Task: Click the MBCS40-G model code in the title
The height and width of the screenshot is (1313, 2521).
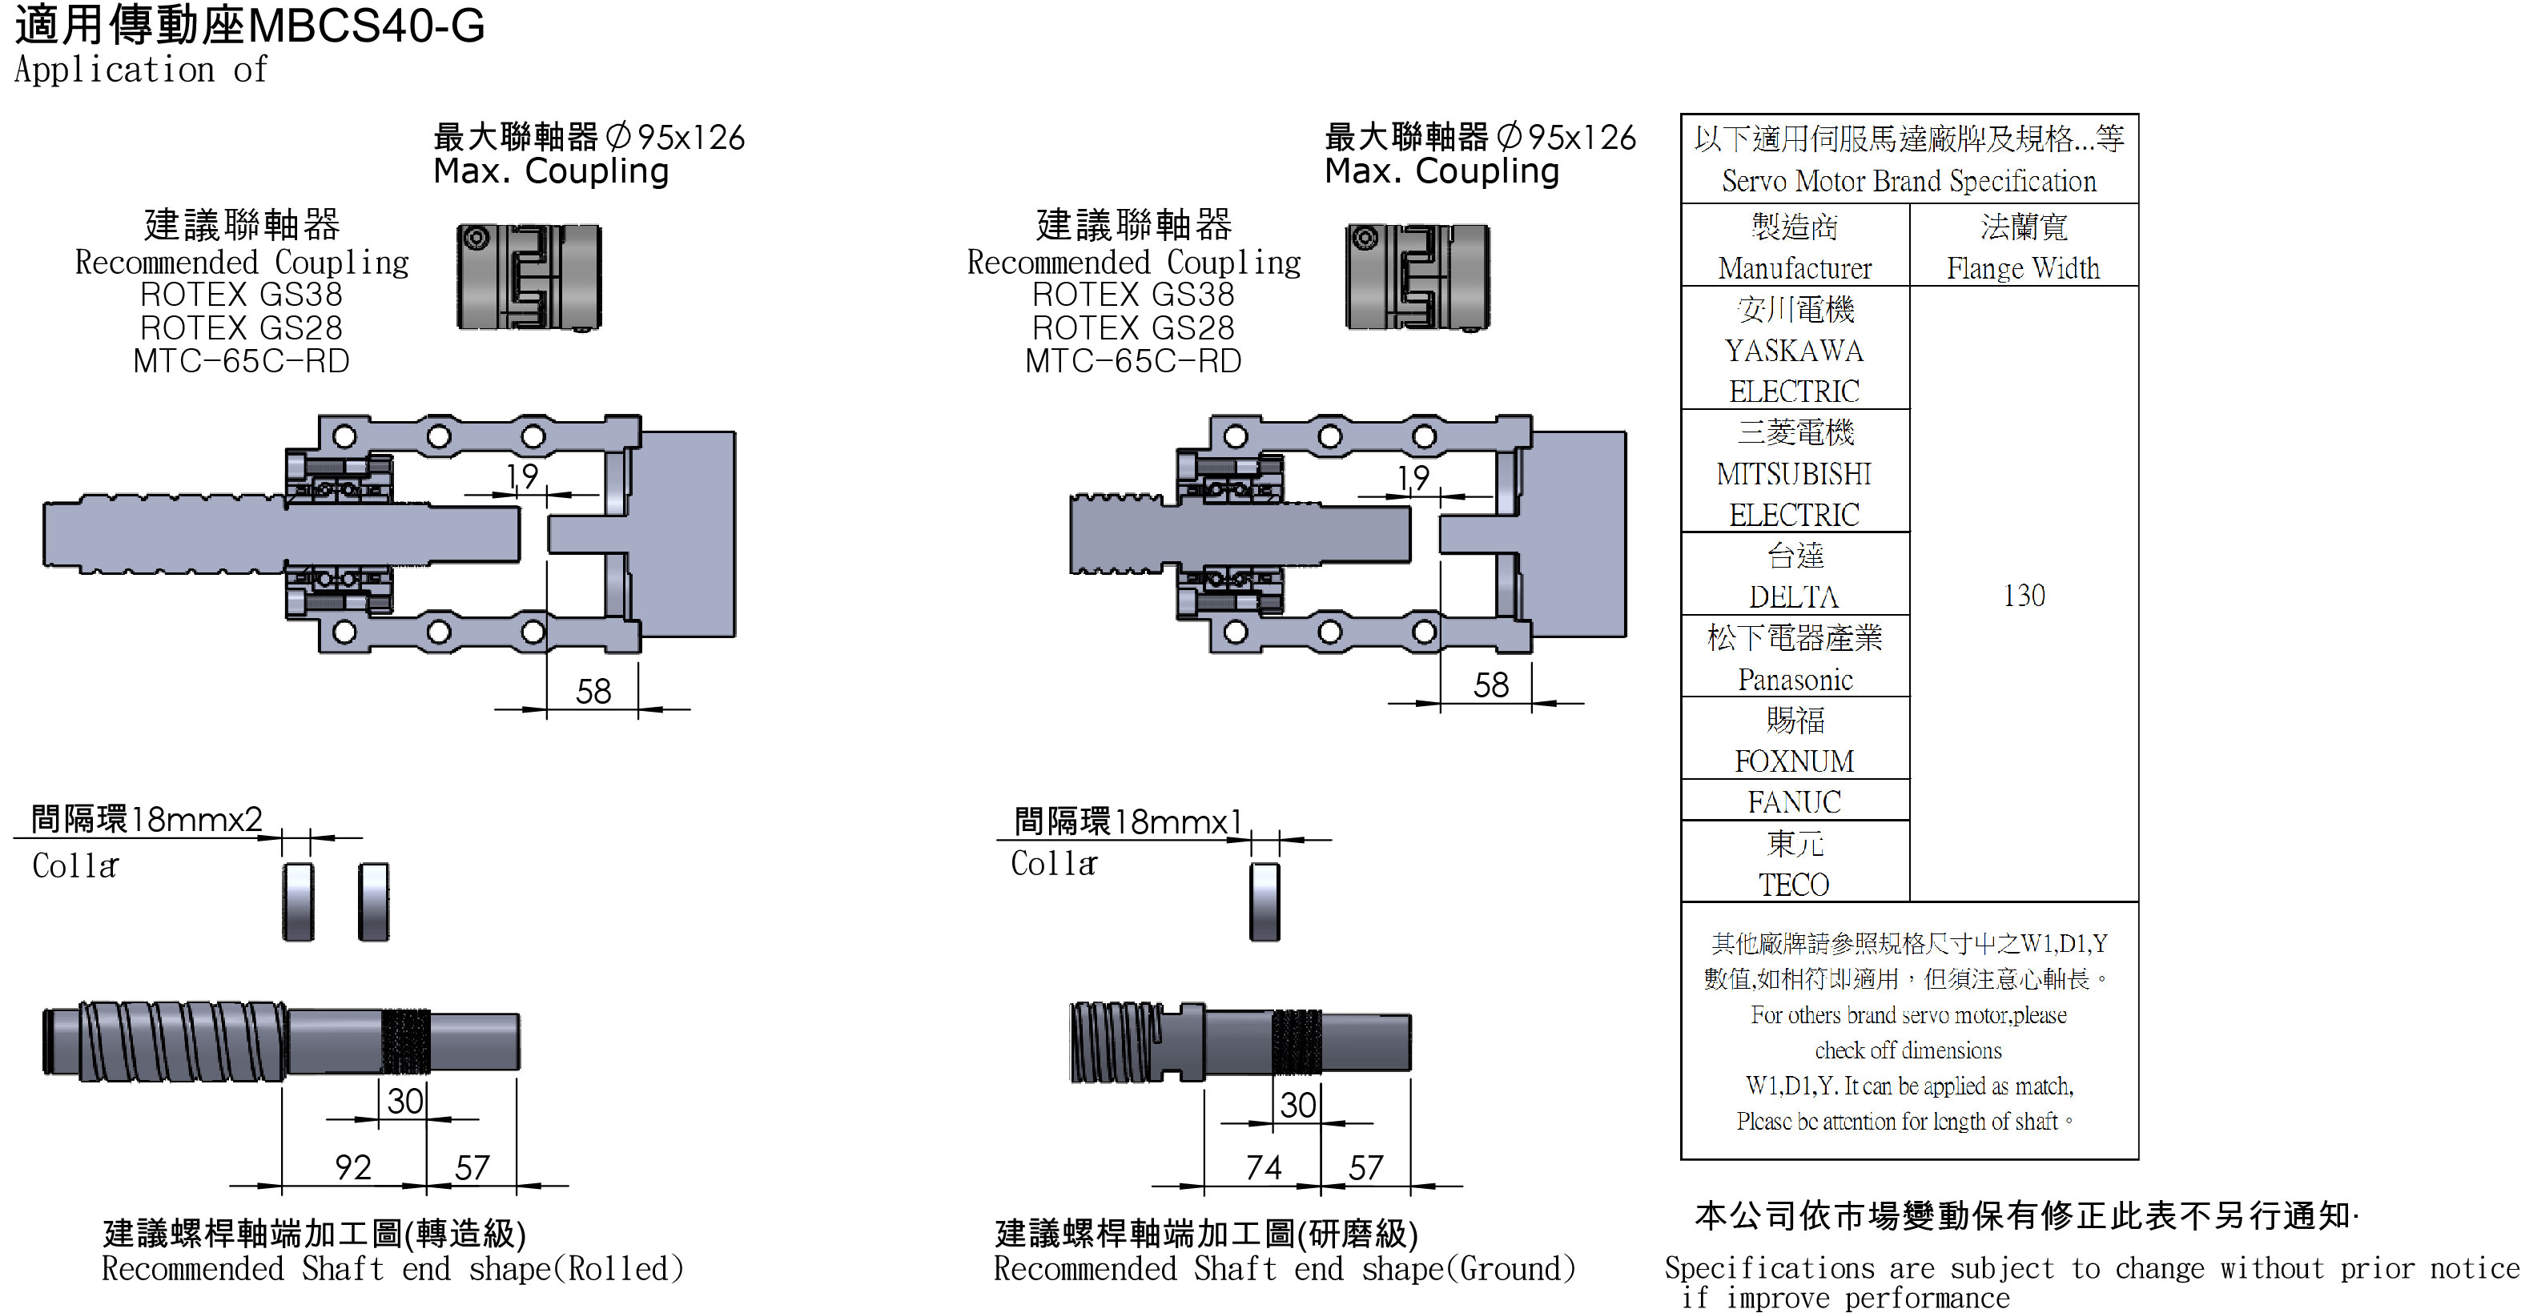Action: coord(366,26)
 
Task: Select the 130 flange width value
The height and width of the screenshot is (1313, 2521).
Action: coord(2023,595)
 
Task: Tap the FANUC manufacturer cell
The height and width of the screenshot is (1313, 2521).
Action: coord(1794,802)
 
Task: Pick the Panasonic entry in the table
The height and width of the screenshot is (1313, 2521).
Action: coord(1794,679)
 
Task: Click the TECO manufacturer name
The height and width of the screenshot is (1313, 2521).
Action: coord(1794,885)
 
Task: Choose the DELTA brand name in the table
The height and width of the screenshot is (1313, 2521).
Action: coord(1794,596)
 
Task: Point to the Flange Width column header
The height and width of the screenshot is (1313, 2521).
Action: coord(2023,267)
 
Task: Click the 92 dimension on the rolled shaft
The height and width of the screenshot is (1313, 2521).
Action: coord(353,1166)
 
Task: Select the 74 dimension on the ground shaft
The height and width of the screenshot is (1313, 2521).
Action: coord(1262,1166)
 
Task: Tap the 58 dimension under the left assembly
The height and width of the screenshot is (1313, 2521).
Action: coord(593,691)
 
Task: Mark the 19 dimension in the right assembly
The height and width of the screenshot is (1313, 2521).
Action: coord(1413,477)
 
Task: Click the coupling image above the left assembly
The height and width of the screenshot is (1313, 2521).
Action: coord(529,278)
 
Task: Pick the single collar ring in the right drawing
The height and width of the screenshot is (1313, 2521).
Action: coord(1265,901)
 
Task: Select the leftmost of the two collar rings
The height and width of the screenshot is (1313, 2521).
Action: coord(299,901)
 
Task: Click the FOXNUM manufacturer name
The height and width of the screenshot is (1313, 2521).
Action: coord(1794,761)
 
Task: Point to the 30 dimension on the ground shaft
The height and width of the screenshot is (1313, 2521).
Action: coord(1297,1105)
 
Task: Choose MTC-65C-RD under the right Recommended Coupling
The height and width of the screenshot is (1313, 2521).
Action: coord(1133,361)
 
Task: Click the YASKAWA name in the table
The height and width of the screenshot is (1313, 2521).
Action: coord(1794,350)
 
